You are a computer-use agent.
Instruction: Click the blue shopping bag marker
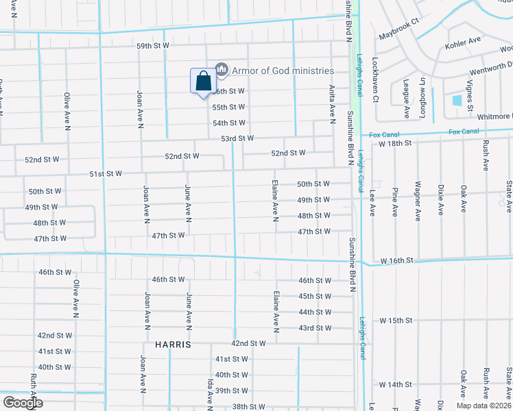pos(203,82)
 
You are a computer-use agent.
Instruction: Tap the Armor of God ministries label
pos(283,71)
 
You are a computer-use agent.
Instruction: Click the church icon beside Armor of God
pos(221,69)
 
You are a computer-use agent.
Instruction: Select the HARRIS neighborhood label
pos(172,344)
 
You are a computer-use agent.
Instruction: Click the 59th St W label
pos(153,47)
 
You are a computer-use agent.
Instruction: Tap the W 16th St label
pos(398,261)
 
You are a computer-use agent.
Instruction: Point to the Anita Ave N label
pos(332,99)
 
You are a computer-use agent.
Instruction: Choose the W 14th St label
pos(395,385)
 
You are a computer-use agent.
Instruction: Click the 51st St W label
pos(106,174)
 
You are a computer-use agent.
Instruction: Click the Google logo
pos(23,403)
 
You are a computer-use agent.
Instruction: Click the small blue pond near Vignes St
pos(457,100)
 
